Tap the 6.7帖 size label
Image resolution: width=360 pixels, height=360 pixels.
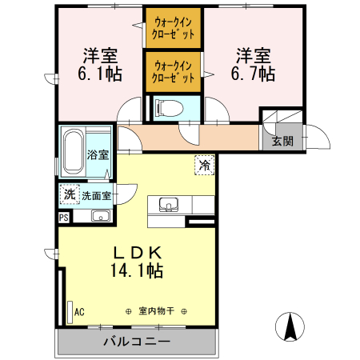tap(255, 74)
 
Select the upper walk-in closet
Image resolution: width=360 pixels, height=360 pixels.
tap(174, 29)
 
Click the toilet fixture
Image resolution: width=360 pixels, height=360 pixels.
tap(169, 107)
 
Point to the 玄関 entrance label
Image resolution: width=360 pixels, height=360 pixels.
tap(282, 141)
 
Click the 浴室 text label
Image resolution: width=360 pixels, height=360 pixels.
tap(97, 155)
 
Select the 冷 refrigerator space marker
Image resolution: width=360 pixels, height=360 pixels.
tap(205, 166)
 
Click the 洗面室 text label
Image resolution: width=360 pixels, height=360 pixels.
tap(96, 195)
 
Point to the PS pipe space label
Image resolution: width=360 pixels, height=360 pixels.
tap(63, 216)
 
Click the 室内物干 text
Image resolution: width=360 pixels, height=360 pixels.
tap(155, 311)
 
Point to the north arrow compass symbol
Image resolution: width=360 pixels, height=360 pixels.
tap(292, 326)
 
